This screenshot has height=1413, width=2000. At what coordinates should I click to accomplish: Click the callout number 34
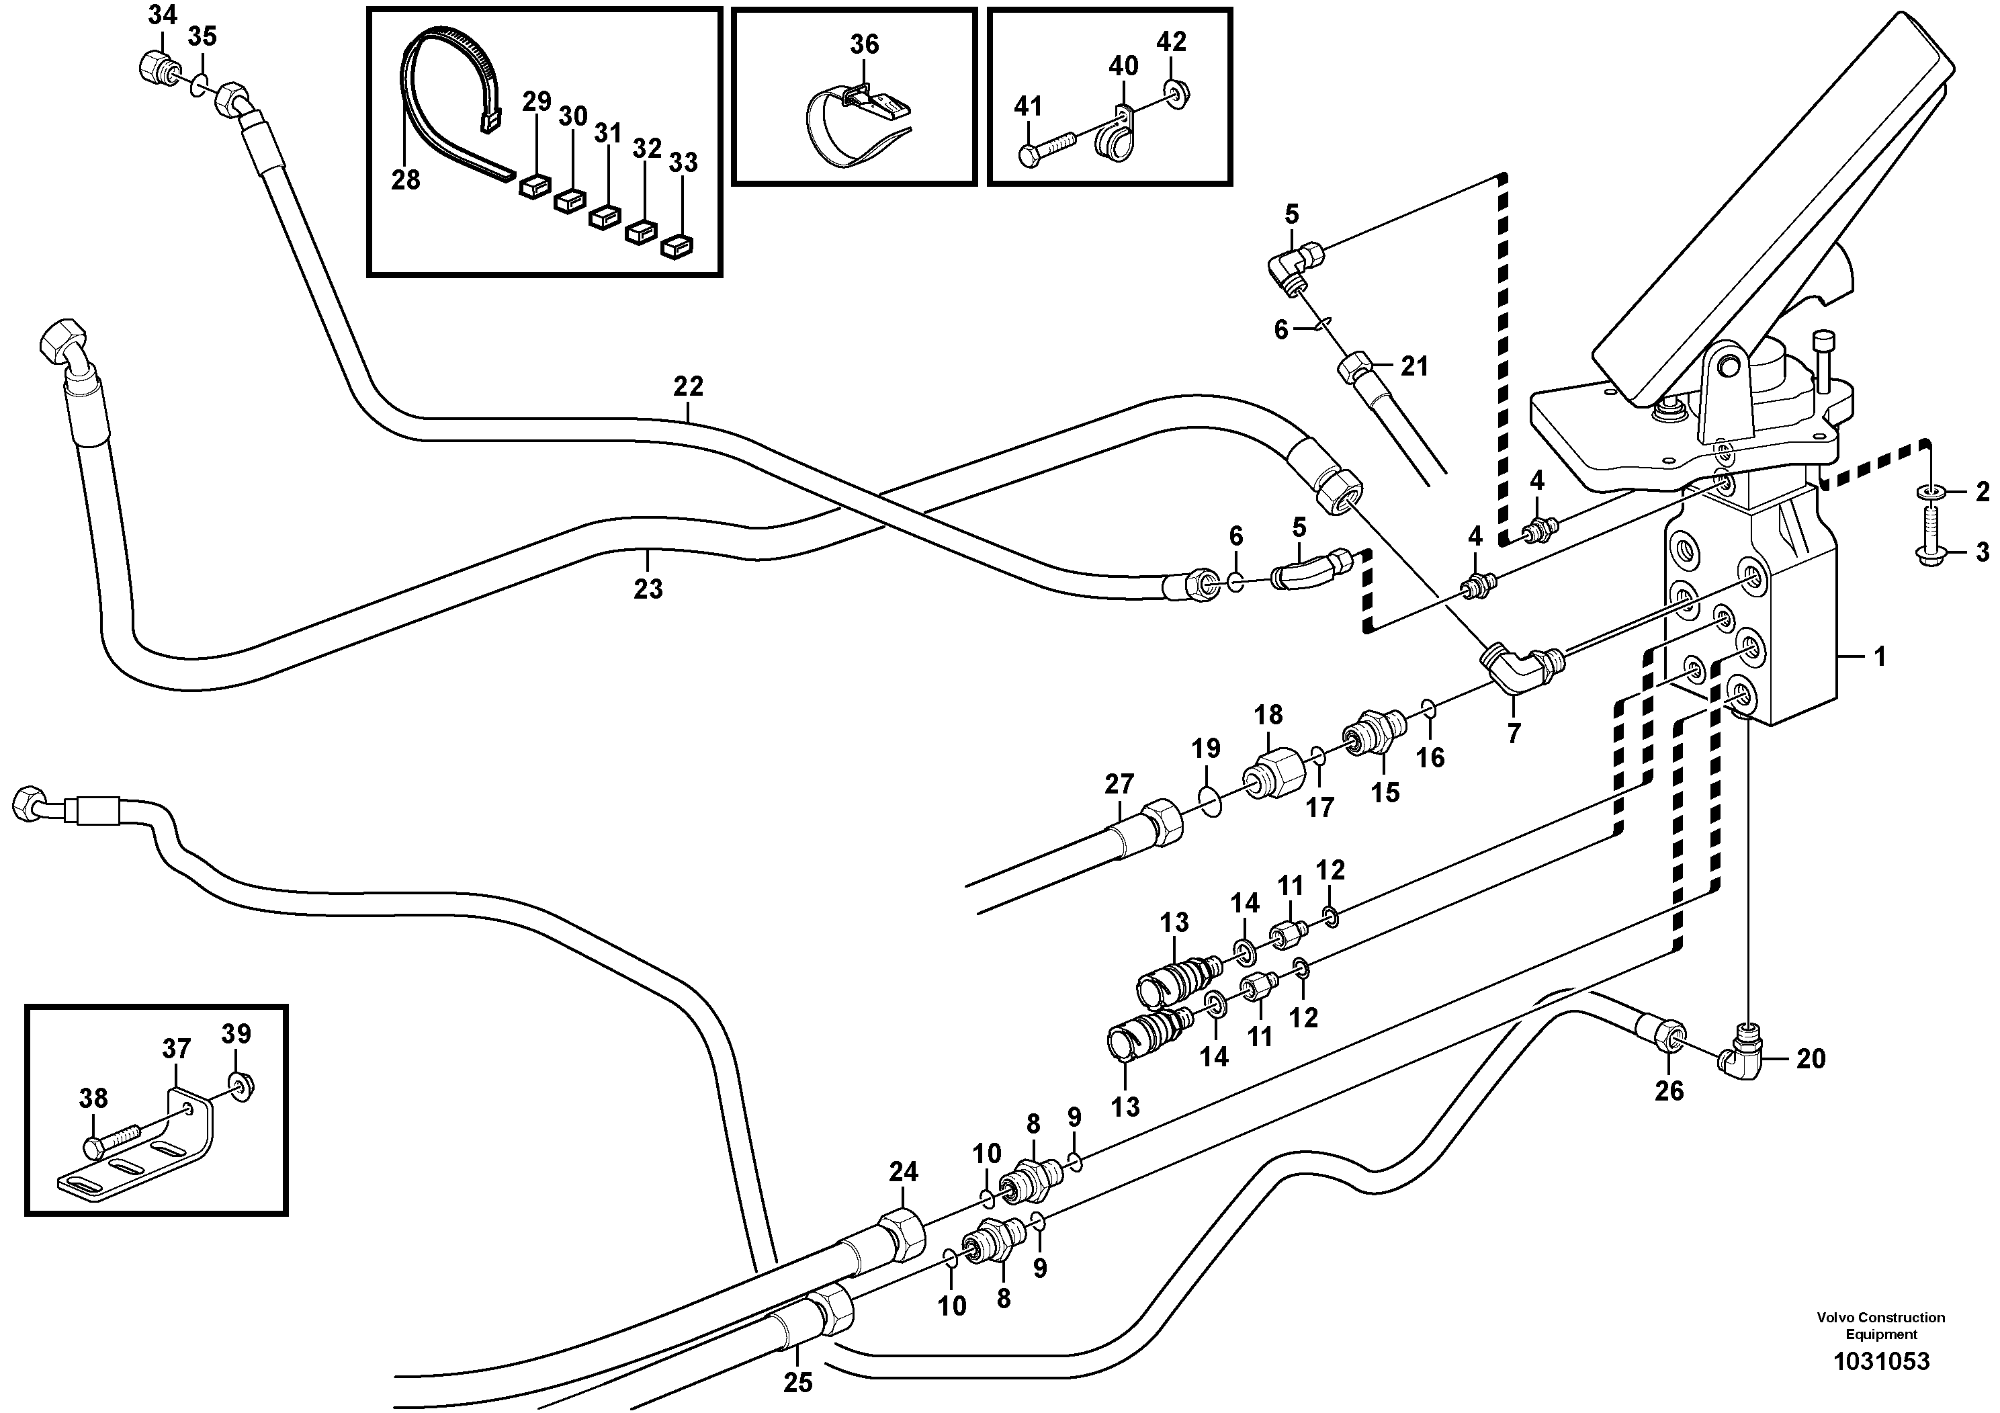pyautogui.click(x=162, y=15)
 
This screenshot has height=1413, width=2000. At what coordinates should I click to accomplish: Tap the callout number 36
pyautogui.click(x=864, y=44)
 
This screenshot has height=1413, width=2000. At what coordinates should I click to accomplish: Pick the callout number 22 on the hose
pyautogui.click(x=687, y=386)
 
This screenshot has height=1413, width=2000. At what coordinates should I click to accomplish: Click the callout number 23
pyautogui.click(x=647, y=589)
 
